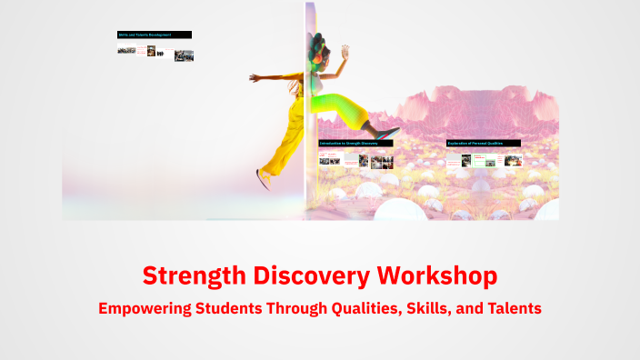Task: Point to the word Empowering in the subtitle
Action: [145, 308]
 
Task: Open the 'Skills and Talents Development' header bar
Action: [155, 35]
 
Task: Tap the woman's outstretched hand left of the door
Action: [255, 77]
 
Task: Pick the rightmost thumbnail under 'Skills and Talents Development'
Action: [185, 55]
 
